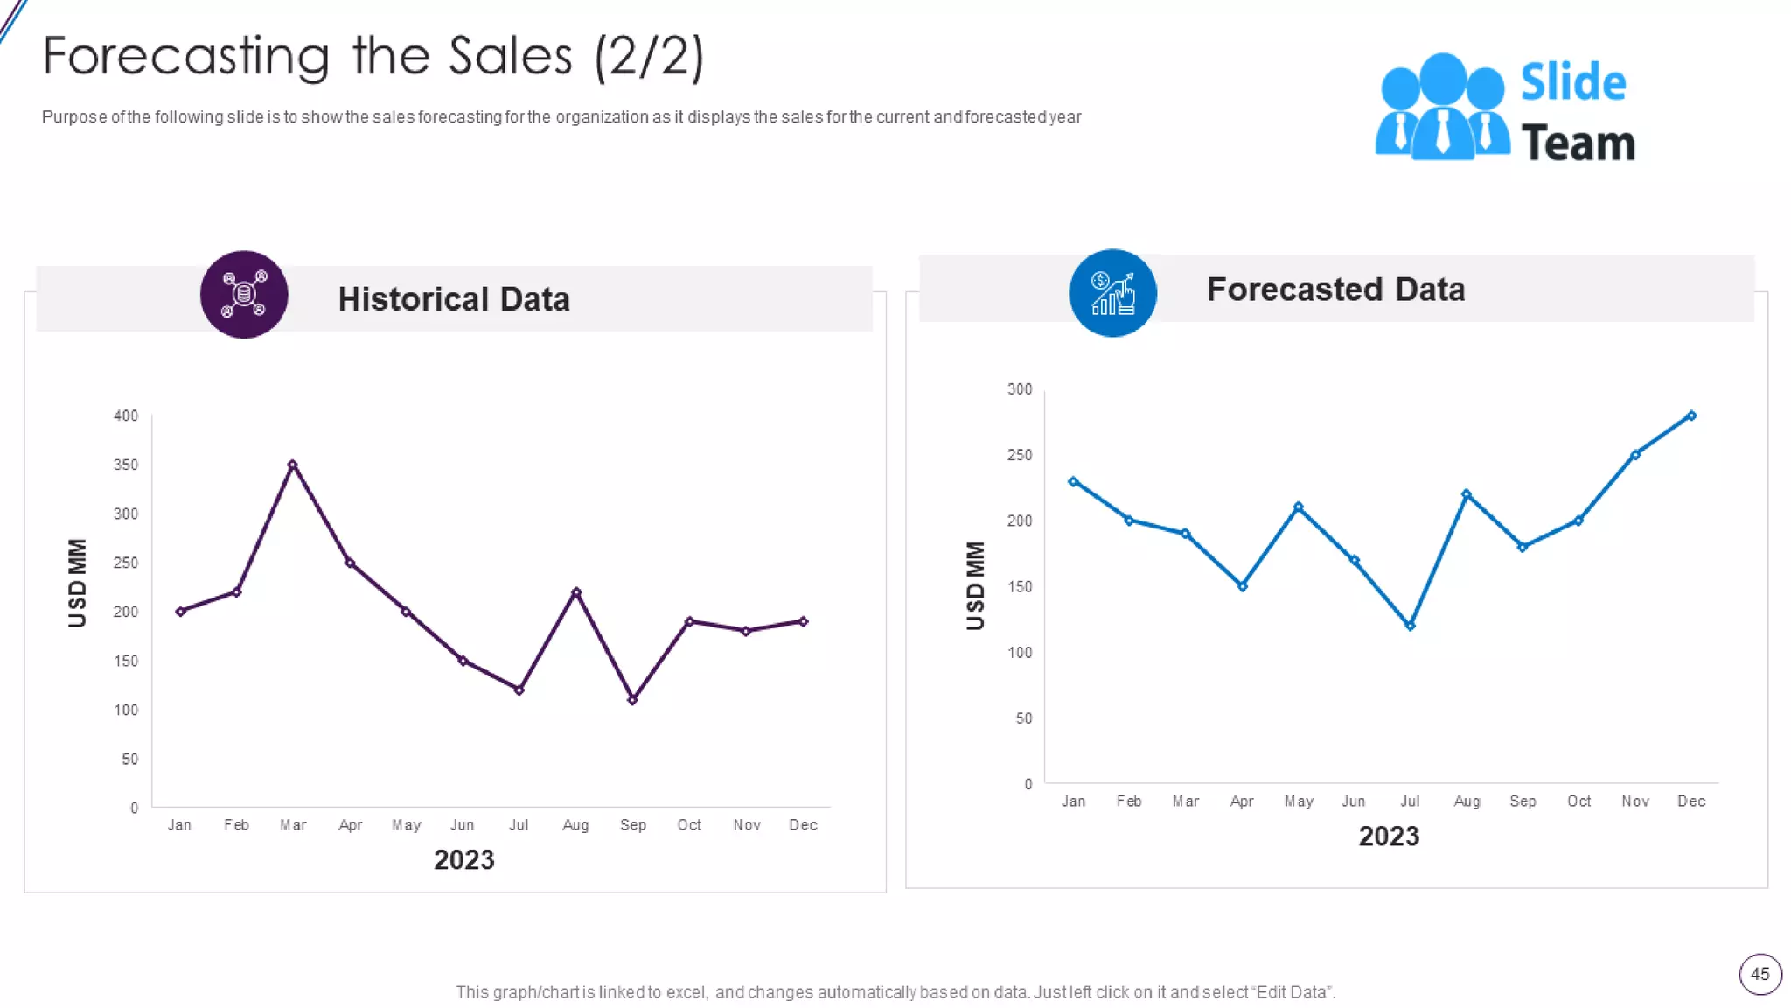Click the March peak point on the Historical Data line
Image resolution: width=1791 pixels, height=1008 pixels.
point(293,465)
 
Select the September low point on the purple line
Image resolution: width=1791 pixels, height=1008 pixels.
point(632,699)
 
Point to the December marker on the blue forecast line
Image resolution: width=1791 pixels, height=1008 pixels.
point(1691,416)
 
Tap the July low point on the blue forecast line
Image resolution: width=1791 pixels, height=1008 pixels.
point(1410,626)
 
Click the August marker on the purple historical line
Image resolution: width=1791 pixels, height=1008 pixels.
point(576,592)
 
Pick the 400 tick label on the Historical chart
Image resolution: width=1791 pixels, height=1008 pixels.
point(126,416)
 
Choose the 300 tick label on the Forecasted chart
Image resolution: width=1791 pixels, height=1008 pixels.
point(1020,389)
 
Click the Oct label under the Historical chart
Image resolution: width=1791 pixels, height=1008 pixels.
point(689,824)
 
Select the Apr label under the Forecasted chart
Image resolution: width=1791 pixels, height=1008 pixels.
point(1242,801)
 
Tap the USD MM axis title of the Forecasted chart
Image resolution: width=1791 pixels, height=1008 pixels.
point(976,585)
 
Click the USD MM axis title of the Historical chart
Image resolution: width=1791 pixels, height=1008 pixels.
point(78,583)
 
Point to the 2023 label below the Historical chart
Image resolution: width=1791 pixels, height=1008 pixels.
point(464,860)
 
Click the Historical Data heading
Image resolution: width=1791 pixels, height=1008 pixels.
point(454,299)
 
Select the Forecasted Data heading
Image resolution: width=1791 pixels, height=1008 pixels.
point(1335,290)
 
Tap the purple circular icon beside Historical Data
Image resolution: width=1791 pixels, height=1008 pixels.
point(244,295)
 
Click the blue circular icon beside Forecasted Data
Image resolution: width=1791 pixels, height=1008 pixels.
point(1112,293)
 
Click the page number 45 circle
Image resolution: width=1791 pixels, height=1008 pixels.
point(1760,974)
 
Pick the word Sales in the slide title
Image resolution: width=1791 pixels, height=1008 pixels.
point(511,57)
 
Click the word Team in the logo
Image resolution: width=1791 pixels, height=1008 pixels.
point(1578,143)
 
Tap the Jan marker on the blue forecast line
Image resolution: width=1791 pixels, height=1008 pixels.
point(1073,481)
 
